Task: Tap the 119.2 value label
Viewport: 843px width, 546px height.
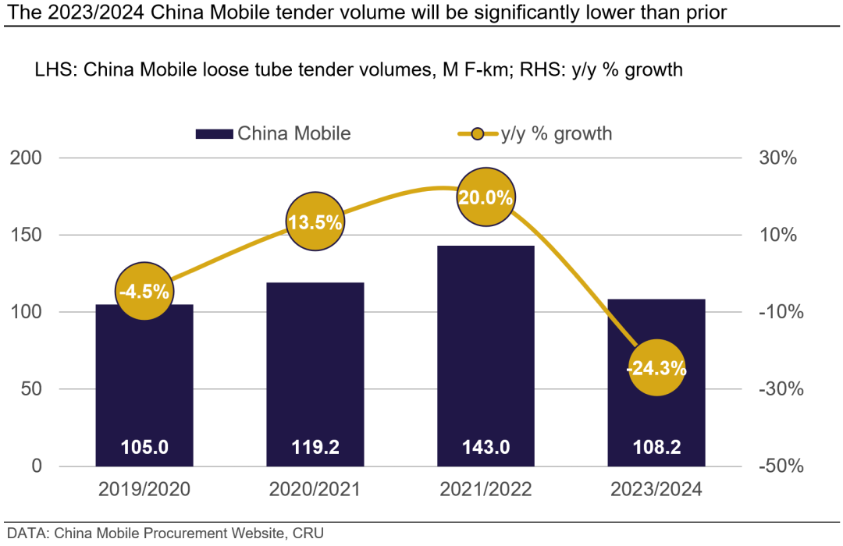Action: [315, 448]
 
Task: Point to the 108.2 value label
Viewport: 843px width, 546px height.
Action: [656, 448]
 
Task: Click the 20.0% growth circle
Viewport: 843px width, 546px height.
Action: [486, 197]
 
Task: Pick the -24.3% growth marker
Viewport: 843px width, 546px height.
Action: [656, 367]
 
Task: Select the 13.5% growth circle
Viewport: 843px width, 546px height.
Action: [315, 222]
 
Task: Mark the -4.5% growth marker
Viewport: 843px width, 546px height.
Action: [144, 292]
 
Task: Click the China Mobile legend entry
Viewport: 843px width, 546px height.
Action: [273, 133]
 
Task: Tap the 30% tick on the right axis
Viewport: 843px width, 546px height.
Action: [777, 158]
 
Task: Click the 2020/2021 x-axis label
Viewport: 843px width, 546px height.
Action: [315, 490]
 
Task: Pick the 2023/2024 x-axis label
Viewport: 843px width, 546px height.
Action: [656, 490]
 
